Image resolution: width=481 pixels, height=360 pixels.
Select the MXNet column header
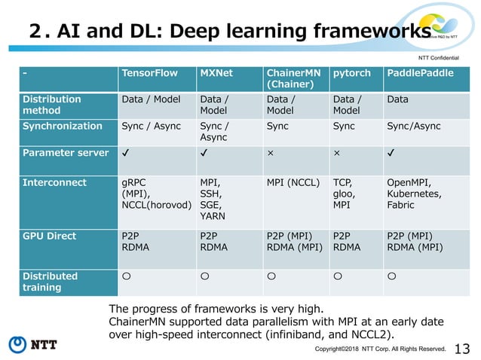point(216,73)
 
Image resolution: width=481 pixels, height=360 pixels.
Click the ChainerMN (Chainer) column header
point(293,78)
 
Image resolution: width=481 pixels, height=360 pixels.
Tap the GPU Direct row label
point(50,236)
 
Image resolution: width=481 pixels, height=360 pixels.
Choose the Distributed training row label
point(51,282)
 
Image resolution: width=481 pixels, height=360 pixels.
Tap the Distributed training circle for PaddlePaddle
point(391,276)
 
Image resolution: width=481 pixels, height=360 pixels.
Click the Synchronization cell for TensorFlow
point(154,126)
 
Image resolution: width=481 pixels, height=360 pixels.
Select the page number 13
point(463,347)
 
